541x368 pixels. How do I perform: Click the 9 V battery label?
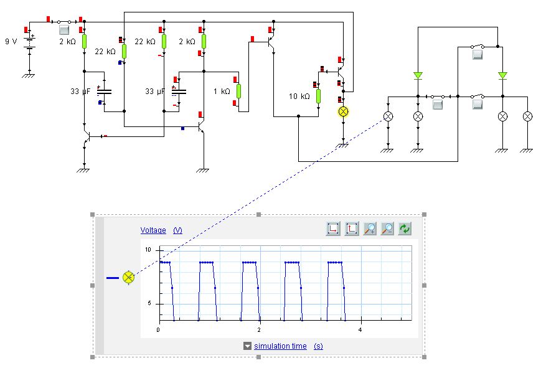(11, 41)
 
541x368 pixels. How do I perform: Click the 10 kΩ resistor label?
(299, 96)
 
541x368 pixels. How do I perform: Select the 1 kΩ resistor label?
(222, 91)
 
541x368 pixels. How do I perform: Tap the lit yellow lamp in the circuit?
(343, 111)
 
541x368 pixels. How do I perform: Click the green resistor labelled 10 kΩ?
(318, 96)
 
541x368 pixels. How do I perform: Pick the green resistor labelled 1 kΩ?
(238, 91)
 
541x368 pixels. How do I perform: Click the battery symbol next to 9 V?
(29, 42)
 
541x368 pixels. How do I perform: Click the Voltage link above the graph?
(153, 230)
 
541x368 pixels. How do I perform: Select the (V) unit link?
(177, 230)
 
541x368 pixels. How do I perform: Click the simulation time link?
(280, 346)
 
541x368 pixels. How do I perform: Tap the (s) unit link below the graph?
(318, 346)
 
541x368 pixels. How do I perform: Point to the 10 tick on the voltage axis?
(148, 249)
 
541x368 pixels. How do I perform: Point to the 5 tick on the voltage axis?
(150, 303)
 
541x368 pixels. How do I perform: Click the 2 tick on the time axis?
(259, 330)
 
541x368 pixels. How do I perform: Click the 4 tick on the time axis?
(360, 330)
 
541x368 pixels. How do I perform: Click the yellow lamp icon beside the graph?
(128, 278)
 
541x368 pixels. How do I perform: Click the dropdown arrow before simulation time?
(248, 346)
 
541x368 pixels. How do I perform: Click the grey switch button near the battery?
(64, 30)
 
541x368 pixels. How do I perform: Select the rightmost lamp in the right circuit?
(527, 116)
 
